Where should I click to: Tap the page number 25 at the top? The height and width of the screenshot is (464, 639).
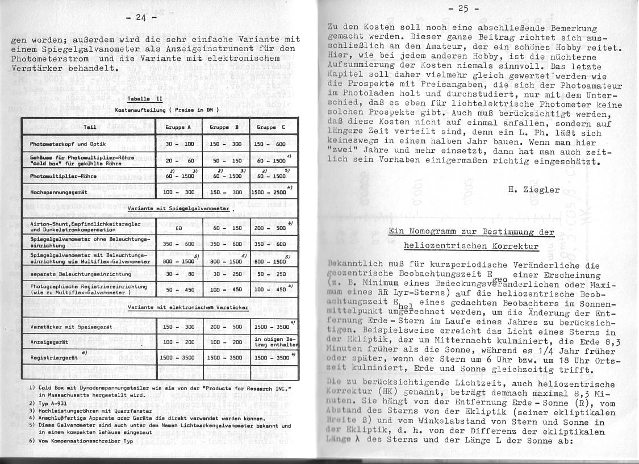click(x=464, y=9)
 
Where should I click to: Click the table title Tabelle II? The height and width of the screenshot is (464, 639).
click(x=145, y=98)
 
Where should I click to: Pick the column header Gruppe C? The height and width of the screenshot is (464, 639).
click(x=272, y=127)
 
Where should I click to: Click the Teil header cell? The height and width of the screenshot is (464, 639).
click(x=89, y=127)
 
